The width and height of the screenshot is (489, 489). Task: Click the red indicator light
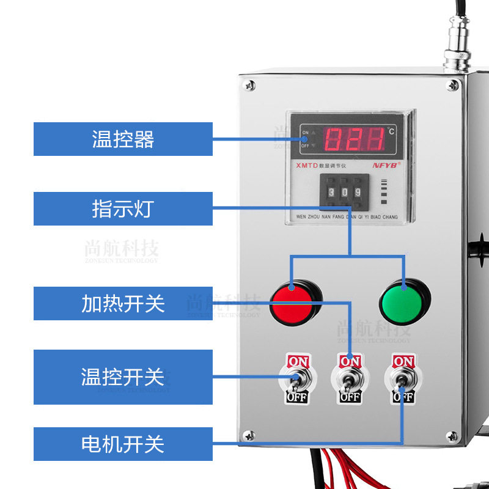pos(296,302)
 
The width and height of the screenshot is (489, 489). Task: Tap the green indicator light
pos(404,301)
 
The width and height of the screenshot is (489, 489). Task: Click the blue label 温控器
pos(123,139)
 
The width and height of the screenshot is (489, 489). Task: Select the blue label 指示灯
pos(123,208)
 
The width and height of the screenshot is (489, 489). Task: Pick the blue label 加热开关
pos(123,303)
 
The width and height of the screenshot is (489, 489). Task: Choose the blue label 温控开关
pos(123,377)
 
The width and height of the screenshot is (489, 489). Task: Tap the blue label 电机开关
pos(123,444)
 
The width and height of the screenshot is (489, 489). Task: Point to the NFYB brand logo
pos(386,164)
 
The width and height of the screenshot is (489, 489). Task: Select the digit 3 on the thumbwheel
pos(332,191)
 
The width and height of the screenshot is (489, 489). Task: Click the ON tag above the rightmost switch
pos(403,360)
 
